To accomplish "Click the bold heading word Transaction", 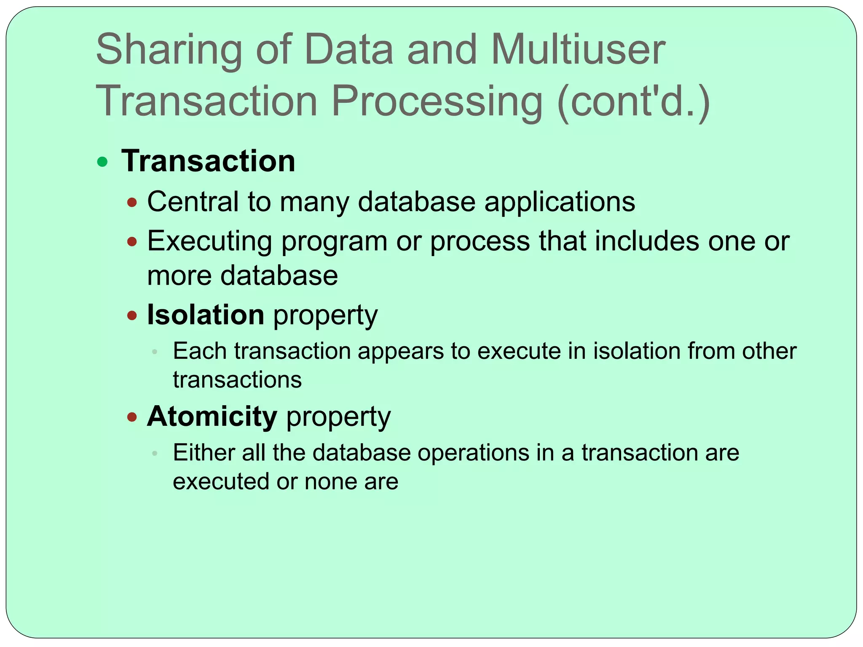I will click(x=208, y=161).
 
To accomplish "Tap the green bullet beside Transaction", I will click(x=102, y=162).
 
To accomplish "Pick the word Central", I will click(x=193, y=202).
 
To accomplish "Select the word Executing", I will click(x=209, y=242).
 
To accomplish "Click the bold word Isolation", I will click(x=205, y=315).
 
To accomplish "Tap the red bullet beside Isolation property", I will click(x=132, y=315).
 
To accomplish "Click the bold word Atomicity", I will click(x=212, y=416).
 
